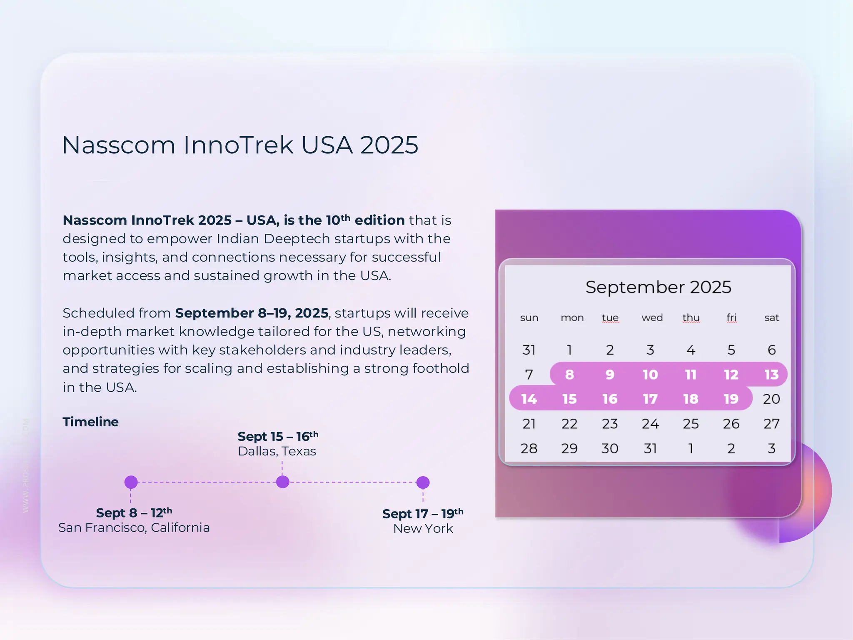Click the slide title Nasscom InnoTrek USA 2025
[240, 145]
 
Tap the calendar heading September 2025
[658, 287]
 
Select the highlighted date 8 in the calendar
[569, 375]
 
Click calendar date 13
[771, 375]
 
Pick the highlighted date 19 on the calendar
[731, 399]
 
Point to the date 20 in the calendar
[771, 399]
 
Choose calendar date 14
[529, 399]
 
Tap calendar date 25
[691, 424]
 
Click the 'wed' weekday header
[652, 318]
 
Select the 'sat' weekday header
[771, 318]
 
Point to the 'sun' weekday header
[529, 318]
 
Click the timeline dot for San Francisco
[131, 482]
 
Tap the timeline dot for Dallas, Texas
[282, 482]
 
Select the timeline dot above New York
[423, 482]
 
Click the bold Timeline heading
[90, 422]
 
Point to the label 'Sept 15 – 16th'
[277, 436]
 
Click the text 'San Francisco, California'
[134, 527]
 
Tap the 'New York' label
[423, 528]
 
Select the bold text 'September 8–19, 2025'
[252, 313]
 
